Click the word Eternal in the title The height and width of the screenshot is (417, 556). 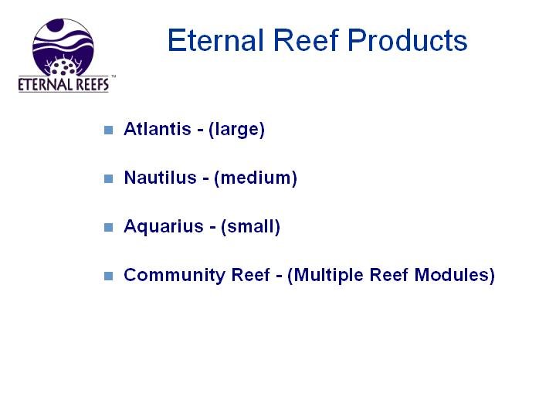215,40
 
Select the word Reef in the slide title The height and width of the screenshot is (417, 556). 306,40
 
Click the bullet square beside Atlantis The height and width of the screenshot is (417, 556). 109,131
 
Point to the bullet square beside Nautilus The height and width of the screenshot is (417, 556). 109,178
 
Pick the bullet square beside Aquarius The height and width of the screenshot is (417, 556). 109,227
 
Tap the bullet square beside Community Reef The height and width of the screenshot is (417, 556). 109,276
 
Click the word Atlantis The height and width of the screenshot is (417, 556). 158,129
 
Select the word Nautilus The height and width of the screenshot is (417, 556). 161,178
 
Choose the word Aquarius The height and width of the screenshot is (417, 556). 164,227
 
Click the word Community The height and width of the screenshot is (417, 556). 175,276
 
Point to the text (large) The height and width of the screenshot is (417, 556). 236,130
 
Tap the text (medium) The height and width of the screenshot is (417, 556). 256,178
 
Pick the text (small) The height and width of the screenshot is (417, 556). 250,226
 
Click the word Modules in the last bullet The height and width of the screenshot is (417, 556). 455,275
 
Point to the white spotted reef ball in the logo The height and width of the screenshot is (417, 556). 63,67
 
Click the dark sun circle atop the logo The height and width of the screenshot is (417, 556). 56,25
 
